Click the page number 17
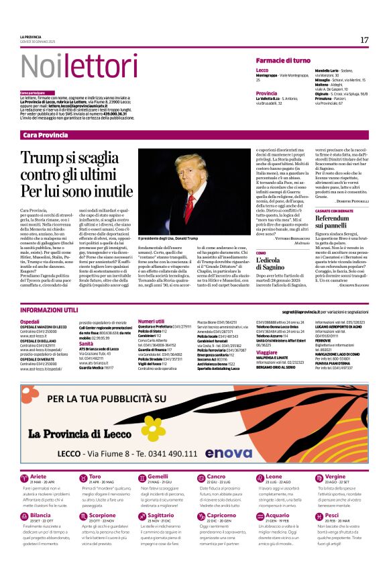[x=364, y=40]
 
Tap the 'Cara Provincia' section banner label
[x=45, y=135]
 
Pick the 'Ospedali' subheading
[x=30, y=322]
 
